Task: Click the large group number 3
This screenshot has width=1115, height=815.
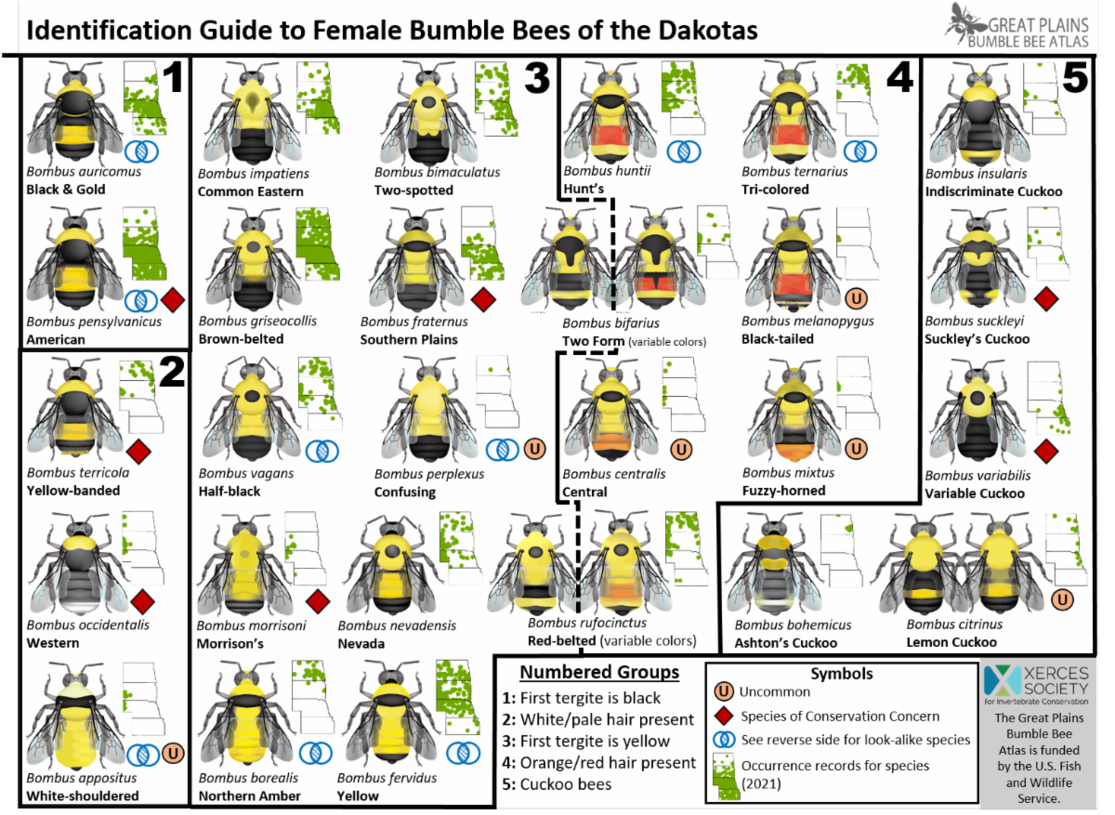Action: (x=537, y=78)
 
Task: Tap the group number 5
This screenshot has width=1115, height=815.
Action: (x=1075, y=78)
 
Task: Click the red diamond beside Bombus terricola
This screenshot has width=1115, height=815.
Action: (x=138, y=452)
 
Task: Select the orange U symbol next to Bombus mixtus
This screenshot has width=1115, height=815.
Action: (x=856, y=449)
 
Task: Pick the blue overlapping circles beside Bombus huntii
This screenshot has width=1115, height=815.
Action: (x=684, y=151)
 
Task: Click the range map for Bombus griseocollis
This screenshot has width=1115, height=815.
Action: (x=318, y=244)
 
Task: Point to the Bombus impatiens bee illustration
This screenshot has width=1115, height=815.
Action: (x=253, y=112)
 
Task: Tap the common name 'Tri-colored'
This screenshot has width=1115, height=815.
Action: (x=775, y=190)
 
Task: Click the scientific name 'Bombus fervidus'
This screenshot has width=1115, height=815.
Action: (x=387, y=778)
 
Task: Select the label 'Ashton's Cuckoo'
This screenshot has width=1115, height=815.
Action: (x=786, y=643)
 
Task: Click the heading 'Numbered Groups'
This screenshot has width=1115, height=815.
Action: (x=599, y=672)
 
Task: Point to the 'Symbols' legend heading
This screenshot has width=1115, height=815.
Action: (x=842, y=674)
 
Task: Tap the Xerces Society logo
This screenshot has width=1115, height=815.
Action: (x=1036, y=685)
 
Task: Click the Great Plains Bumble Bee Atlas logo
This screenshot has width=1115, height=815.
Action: (x=1017, y=26)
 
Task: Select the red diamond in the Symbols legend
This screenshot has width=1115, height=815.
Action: (x=724, y=716)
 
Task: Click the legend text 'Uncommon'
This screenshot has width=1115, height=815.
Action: (x=775, y=691)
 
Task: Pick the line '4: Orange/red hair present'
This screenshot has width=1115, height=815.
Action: (x=598, y=763)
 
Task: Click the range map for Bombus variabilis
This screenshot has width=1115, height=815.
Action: (x=1048, y=399)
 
